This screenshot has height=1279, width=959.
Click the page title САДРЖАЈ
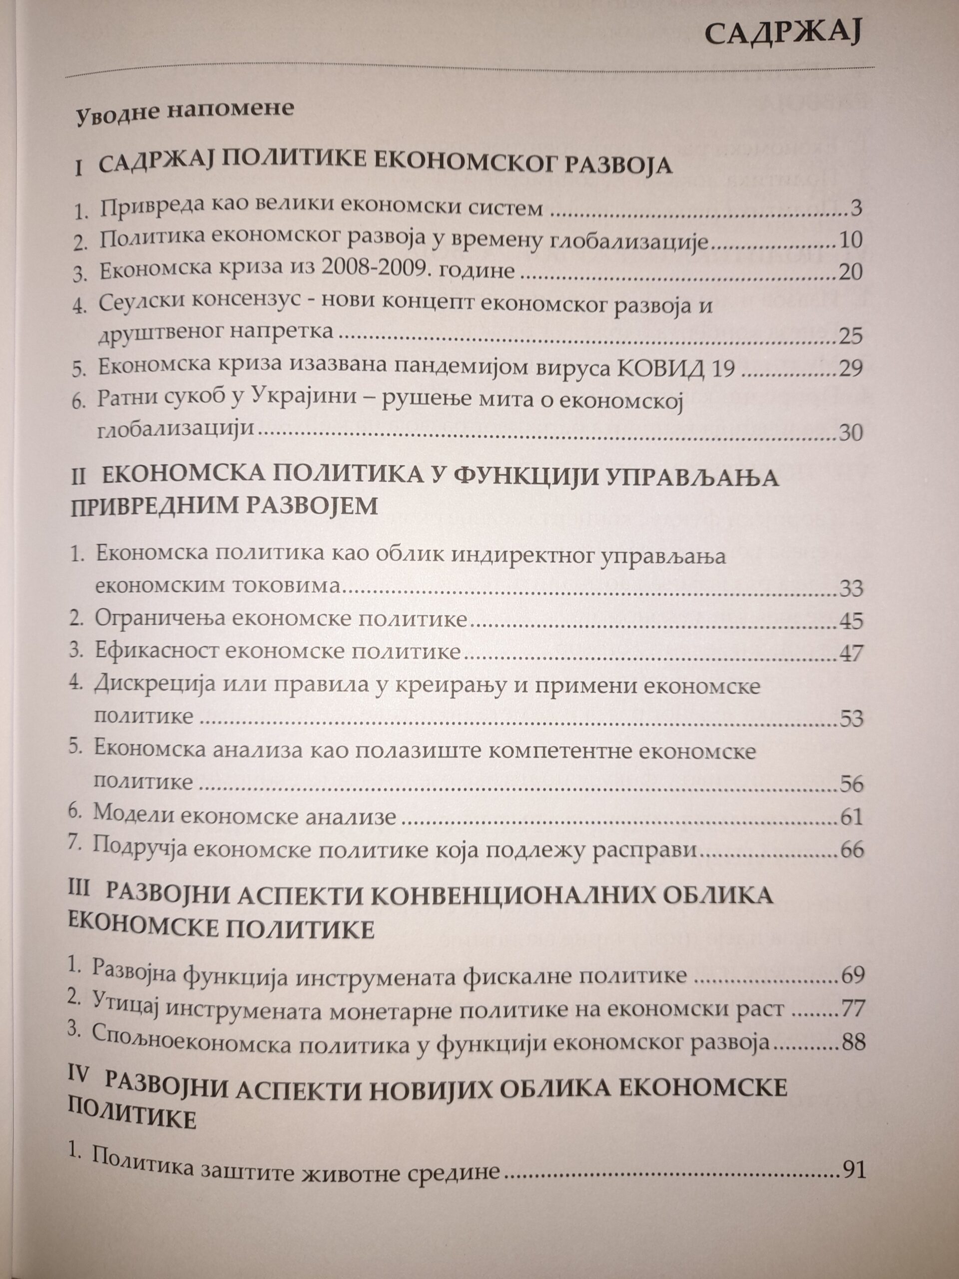(783, 34)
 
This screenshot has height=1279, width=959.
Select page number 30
(850, 433)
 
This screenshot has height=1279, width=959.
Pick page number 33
(850, 589)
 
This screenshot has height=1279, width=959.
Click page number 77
(852, 1010)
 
